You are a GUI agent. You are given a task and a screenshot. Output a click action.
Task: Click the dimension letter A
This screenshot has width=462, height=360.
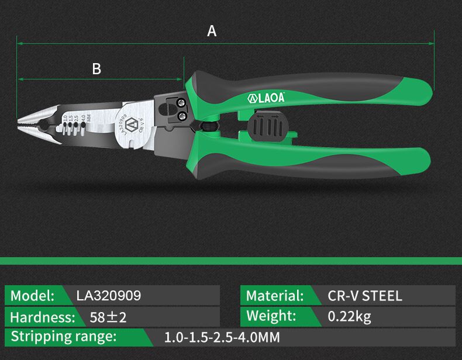tap(212, 31)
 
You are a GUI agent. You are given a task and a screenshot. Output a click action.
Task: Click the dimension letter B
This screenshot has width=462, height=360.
tap(96, 69)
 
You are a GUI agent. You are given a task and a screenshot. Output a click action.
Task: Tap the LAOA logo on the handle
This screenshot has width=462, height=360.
tap(266, 98)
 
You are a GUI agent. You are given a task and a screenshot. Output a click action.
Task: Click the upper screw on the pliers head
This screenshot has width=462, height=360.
tap(180, 103)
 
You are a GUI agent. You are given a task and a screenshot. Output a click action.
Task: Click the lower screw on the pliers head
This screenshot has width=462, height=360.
tap(182, 116)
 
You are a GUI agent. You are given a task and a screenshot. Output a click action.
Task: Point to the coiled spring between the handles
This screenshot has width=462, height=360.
tap(209, 126)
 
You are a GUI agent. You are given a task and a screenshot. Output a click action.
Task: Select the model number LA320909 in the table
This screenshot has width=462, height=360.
tap(109, 296)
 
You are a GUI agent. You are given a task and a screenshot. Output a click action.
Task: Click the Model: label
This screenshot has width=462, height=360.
tap(32, 296)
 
